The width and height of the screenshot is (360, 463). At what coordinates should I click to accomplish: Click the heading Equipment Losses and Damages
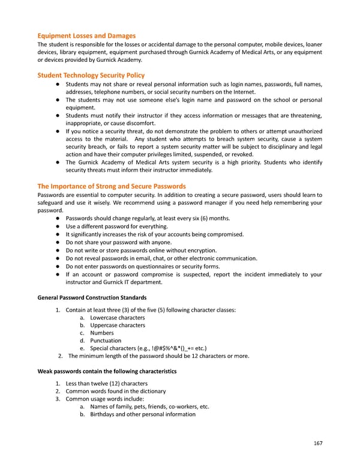click(x=86, y=35)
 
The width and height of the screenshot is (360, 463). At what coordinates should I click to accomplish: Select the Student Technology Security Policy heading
click(x=91, y=75)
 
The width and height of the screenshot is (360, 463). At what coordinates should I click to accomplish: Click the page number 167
click(x=317, y=443)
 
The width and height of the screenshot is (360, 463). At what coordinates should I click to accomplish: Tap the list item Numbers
click(x=101, y=333)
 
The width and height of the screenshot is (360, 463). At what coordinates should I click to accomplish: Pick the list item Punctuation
click(x=105, y=340)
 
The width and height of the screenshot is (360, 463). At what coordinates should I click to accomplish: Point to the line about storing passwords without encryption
click(x=141, y=250)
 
